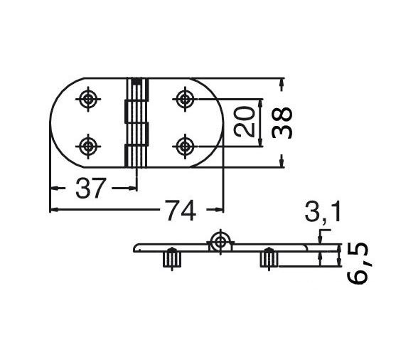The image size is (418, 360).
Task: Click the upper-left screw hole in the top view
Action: point(88,100)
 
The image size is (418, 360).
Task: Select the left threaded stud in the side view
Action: point(171,259)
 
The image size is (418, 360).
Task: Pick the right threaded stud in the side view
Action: point(268,259)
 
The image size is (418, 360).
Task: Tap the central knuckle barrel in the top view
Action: point(138,122)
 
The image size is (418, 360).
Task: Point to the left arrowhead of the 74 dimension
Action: point(54,210)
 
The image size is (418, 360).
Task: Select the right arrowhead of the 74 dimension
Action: point(220,210)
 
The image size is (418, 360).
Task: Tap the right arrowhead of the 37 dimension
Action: point(132,188)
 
